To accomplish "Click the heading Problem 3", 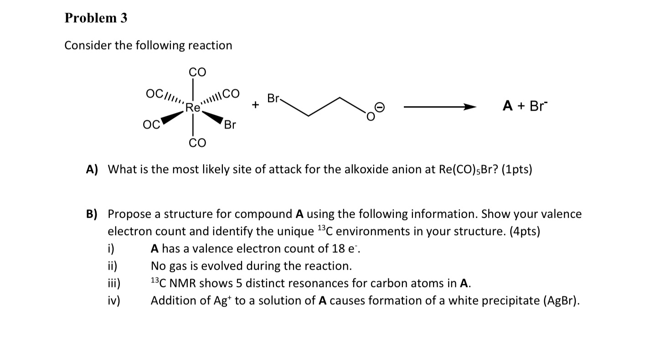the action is click(x=96, y=18).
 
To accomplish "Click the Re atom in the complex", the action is click(x=193, y=108).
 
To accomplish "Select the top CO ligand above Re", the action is click(x=197, y=72).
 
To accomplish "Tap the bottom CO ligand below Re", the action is click(x=197, y=143).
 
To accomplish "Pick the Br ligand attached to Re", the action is click(x=230, y=124).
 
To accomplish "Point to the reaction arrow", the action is click(x=439, y=107).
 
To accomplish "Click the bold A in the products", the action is click(x=508, y=106).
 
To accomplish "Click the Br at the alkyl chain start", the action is click(x=274, y=98).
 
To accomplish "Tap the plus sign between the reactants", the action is click(x=256, y=106).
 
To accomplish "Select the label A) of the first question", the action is click(x=92, y=170).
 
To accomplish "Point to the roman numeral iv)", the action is click(x=113, y=301).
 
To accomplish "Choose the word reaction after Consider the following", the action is click(x=210, y=46).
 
